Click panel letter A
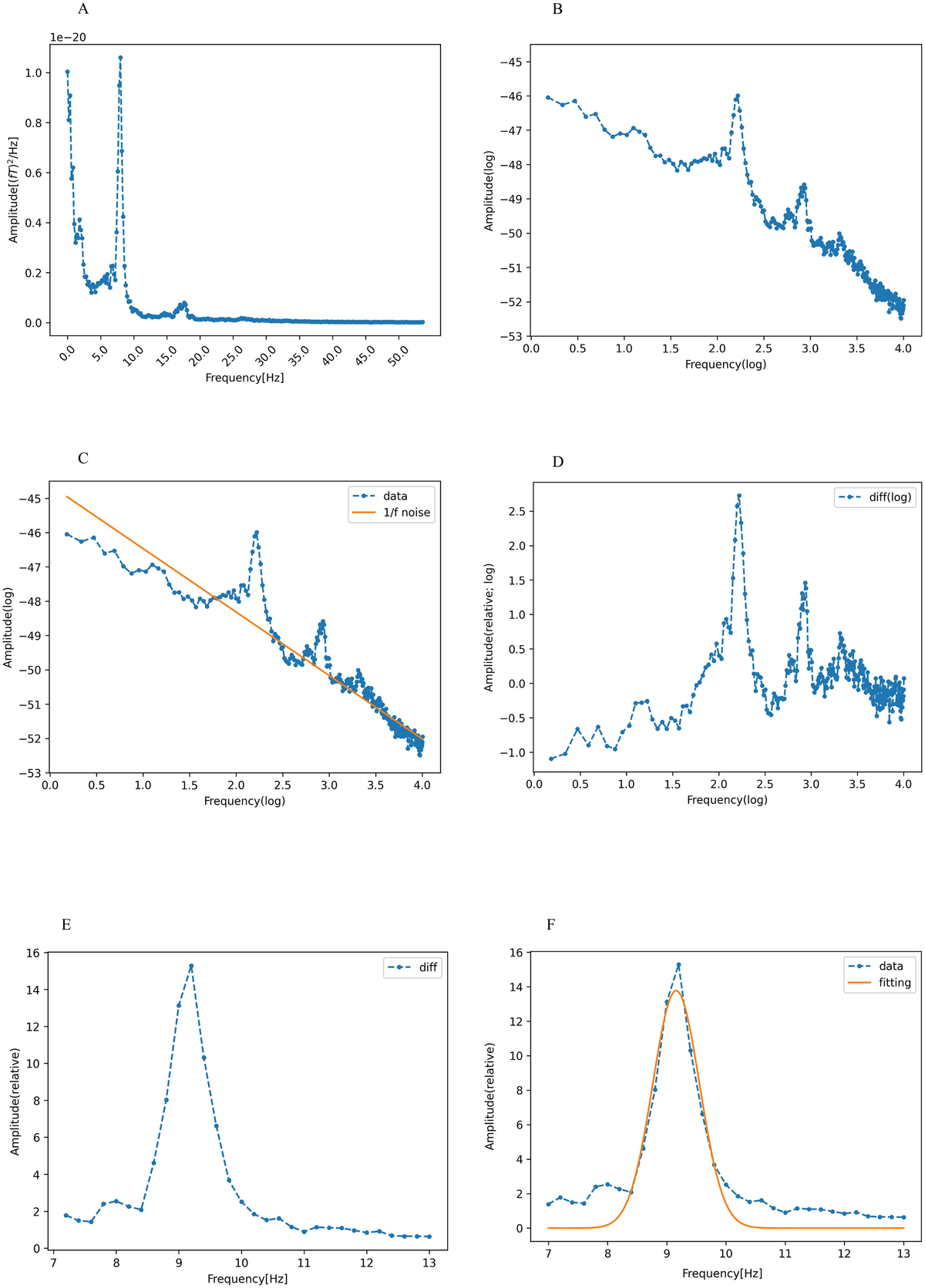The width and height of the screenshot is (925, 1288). (x=83, y=10)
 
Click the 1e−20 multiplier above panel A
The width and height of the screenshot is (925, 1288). (x=68, y=37)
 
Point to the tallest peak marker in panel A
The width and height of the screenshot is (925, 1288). (x=120, y=57)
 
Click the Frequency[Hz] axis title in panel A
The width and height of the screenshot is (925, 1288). (x=244, y=378)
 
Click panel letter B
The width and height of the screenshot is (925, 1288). (x=557, y=10)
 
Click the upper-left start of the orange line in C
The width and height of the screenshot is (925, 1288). (x=67, y=496)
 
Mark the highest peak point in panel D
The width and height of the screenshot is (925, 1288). (x=738, y=496)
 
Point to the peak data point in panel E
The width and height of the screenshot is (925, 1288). (x=191, y=966)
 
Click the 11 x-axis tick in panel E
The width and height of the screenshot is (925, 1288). (x=304, y=1263)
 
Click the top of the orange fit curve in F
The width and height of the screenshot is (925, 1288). (x=675, y=990)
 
